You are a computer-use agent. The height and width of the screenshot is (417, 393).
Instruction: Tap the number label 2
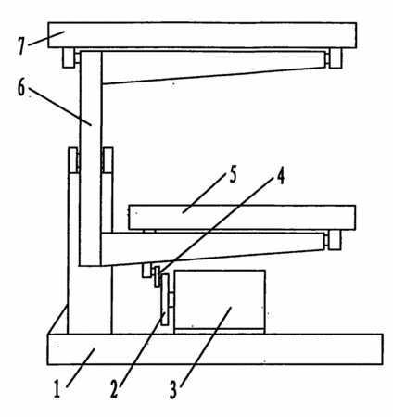(114, 389)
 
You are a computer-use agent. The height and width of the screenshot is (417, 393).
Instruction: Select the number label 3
(173, 390)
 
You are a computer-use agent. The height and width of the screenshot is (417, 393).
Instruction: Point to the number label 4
(280, 177)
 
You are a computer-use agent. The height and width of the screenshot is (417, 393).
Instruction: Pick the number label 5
(234, 174)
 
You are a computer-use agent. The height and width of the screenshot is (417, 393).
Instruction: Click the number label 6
(21, 87)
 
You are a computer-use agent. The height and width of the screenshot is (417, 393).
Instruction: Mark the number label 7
(21, 46)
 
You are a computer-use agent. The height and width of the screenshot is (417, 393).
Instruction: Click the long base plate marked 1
(215, 349)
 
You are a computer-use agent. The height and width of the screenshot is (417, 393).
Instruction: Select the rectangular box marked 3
(220, 301)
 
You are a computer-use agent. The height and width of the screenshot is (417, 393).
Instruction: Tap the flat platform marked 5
(242, 218)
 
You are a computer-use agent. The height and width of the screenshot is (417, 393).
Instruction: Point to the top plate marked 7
(202, 35)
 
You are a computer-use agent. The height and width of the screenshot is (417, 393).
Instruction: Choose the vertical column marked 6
(91, 158)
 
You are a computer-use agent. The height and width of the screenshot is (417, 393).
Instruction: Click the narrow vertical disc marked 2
(165, 299)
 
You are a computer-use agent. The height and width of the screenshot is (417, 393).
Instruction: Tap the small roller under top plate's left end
(69, 57)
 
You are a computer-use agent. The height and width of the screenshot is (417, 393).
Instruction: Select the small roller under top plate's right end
(336, 58)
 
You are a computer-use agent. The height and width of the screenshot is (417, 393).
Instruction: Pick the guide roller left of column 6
(73, 160)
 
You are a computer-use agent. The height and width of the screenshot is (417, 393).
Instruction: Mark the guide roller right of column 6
(108, 160)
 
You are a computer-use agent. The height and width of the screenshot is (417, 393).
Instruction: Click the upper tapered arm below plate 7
(214, 68)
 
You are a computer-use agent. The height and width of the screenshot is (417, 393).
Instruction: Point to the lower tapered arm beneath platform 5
(214, 248)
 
